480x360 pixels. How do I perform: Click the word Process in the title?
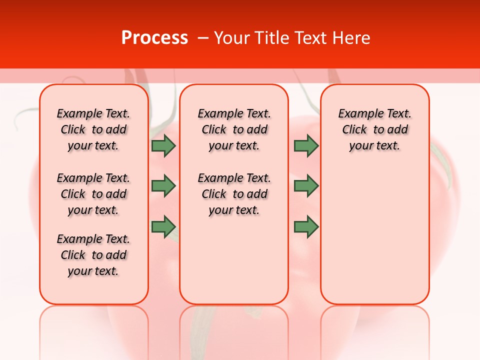point(154,37)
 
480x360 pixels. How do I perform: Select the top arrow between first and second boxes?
point(163,146)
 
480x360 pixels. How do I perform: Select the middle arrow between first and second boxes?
point(163,186)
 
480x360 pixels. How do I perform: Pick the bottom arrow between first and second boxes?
point(163,226)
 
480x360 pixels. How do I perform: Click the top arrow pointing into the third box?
point(306,146)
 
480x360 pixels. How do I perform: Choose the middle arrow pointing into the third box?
point(306,186)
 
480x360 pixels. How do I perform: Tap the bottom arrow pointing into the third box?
point(306,226)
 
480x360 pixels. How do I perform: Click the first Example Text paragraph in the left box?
point(93,129)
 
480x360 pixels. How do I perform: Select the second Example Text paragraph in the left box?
point(93,194)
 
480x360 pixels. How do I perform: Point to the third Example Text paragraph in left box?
point(93,255)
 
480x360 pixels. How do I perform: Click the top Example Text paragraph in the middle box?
point(234,129)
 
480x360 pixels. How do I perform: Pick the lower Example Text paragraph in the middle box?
point(234,194)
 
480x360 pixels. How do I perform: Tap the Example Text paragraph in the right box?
point(374,129)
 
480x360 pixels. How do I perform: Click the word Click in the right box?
point(354,130)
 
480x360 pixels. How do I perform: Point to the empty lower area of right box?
point(374,235)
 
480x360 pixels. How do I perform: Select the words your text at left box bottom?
point(93,271)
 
